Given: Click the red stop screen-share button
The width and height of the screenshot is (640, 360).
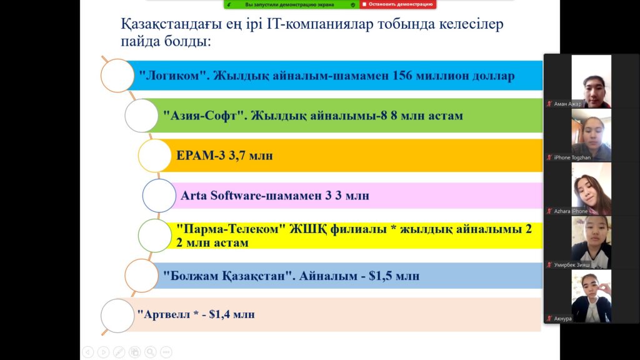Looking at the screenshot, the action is (397, 4).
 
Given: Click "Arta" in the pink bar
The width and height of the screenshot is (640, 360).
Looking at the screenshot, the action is (194, 196).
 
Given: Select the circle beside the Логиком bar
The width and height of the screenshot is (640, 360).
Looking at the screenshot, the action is (117, 76).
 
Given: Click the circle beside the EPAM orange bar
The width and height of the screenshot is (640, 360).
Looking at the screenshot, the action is (155, 156).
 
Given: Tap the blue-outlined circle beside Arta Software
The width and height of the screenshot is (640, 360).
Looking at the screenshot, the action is (159, 196).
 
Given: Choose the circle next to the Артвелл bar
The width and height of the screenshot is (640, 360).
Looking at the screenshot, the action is (117, 316).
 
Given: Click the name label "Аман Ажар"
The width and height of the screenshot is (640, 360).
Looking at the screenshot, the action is (567, 104).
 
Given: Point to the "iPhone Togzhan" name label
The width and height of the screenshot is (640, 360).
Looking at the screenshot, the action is (572, 157).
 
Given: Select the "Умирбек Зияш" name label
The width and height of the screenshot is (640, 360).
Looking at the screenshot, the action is (571, 265).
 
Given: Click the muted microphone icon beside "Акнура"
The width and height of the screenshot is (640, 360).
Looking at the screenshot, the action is (549, 318).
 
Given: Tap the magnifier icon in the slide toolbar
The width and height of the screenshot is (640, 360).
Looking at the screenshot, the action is (150, 352).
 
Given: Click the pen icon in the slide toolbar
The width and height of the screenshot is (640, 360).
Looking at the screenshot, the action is (119, 352).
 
